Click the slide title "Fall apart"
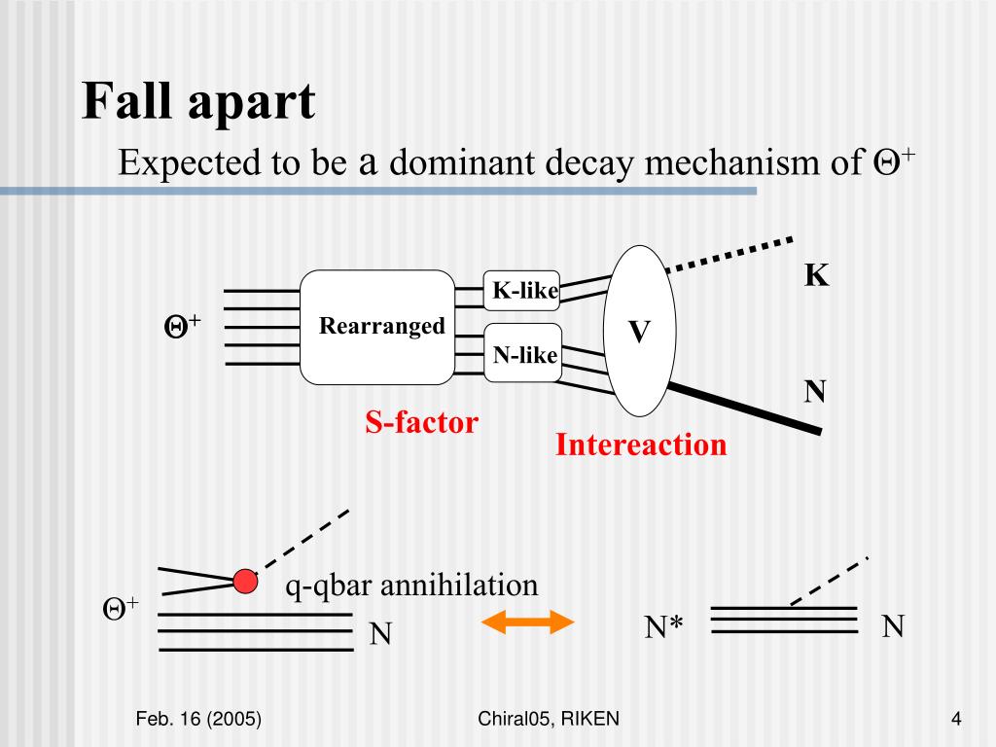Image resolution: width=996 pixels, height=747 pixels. pyautogui.click(x=198, y=102)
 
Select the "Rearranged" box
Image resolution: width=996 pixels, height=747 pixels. pyautogui.click(x=377, y=327)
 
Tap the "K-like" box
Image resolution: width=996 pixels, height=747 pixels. pyautogui.click(x=522, y=290)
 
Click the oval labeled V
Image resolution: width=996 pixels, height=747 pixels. pyautogui.click(x=638, y=331)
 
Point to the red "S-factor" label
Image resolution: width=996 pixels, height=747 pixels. pyautogui.click(x=422, y=422)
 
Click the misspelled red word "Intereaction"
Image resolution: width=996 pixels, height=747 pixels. pyautogui.click(x=641, y=445)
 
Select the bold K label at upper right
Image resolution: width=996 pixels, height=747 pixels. pyautogui.click(x=816, y=276)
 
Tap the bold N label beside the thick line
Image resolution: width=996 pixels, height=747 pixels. pyautogui.click(x=815, y=392)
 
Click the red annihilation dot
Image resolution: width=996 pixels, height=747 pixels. pyautogui.click(x=245, y=582)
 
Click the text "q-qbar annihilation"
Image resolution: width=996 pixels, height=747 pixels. pyautogui.click(x=411, y=586)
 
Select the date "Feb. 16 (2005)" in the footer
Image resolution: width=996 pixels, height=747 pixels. pyautogui.click(x=198, y=719)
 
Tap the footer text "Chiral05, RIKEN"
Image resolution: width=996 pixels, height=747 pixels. pyautogui.click(x=550, y=719)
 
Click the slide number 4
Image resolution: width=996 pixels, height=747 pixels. pyautogui.click(x=956, y=719)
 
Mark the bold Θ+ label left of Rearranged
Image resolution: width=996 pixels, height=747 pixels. pyautogui.click(x=181, y=326)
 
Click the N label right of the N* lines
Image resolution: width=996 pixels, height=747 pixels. pyautogui.click(x=893, y=626)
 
